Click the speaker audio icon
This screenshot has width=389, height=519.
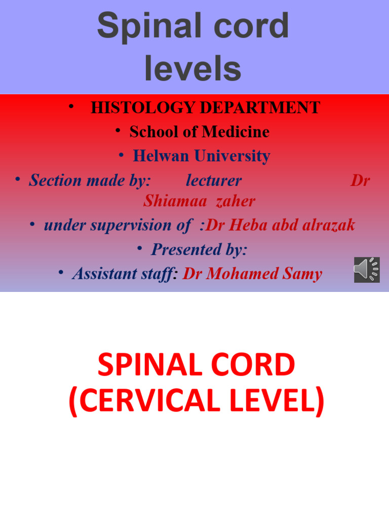[x=367, y=270]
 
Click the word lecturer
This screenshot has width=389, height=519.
[x=214, y=180]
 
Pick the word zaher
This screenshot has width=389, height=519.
[x=235, y=201]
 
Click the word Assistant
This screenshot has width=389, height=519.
[x=104, y=274]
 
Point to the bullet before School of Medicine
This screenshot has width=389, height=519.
[x=118, y=131]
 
